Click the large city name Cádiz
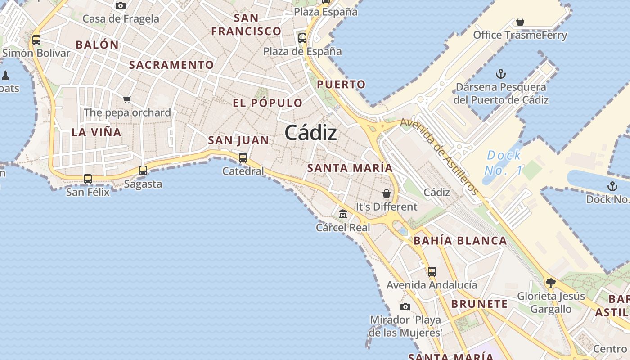(310, 133)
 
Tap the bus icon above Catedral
(243, 157)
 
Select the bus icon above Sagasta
(143, 170)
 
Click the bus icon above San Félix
(88, 179)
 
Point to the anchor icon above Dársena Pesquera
(500, 74)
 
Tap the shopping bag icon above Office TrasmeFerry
(520, 22)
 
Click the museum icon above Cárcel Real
(343, 214)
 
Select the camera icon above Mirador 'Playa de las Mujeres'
(405, 306)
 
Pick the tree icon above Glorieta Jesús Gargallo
(550, 283)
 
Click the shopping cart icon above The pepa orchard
(127, 99)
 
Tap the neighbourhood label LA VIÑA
(96, 132)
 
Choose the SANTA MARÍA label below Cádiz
(350, 168)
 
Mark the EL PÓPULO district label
(268, 103)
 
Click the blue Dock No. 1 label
(504, 163)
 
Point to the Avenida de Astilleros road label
(439, 155)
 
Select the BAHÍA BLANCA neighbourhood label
(460, 241)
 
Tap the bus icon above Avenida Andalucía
(432, 271)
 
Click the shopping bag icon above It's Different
(387, 193)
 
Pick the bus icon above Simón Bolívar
(36, 40)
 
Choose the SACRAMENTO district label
(171, 65)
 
